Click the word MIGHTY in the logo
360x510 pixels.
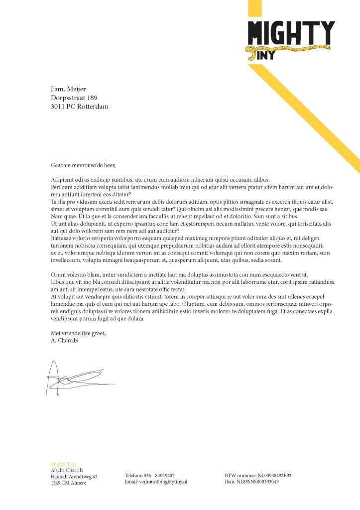(x=291, y=32)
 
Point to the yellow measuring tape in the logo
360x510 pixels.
(x=289, y=49)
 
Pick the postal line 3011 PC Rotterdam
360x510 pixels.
(x=80, y=107)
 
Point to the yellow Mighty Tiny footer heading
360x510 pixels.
(x=64, y=464)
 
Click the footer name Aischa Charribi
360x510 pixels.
(x=67, y=470)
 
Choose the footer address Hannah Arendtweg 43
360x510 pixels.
(x=74, y=477)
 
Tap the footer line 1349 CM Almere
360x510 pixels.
(x=69, y=483)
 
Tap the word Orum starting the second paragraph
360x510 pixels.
(x=58, y=275)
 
